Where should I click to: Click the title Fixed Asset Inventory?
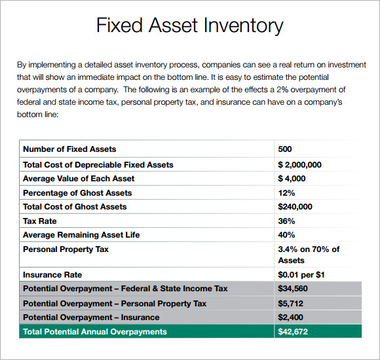tap(189, 26)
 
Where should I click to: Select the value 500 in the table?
tap(285, 149)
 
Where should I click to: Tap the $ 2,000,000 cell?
tap(299, 164)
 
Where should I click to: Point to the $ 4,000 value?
tap(292, 179)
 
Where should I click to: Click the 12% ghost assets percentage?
tap(287, 193)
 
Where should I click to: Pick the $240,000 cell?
tap(295, 207)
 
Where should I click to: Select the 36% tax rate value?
tap(287, 221)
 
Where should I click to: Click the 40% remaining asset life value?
tap(287, 235)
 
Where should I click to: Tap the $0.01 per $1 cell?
tap(301, 275)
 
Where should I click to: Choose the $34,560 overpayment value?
tap(293, 289)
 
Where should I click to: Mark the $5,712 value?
tap(291, 303)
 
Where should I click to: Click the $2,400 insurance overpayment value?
tap(291, 317)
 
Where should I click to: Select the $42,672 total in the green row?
tap(293, 332)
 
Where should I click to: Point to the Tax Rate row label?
tap(40, 221)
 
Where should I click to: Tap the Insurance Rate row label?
tap(52, 275)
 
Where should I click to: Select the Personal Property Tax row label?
tap(66, 249)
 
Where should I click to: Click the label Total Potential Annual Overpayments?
tap(95, 332)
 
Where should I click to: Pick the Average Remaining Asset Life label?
tap(81, 235)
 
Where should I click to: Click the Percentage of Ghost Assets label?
tap(77, 193)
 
